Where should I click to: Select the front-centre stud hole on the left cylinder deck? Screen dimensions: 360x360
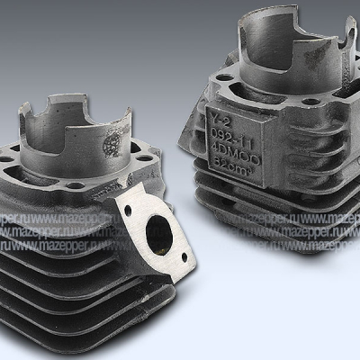(76, 186)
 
